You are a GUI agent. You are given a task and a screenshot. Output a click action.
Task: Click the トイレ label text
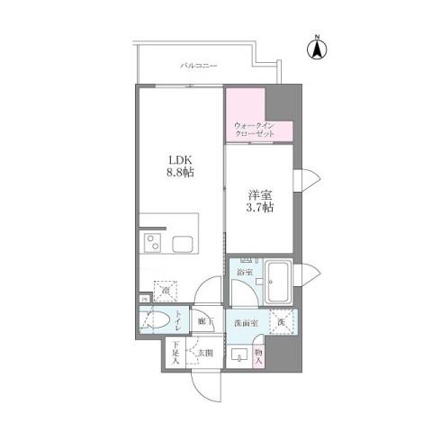point(178,319)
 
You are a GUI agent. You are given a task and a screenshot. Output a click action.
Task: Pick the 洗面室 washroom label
point(246,322)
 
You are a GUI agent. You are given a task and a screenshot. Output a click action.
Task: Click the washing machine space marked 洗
point(282,321)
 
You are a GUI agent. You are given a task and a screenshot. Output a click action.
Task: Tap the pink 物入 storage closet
point(258,356)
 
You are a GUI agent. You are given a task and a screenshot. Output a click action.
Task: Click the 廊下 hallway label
point(203,320)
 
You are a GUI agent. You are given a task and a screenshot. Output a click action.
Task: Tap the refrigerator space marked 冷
point(163,292)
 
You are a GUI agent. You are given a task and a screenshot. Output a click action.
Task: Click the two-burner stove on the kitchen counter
point(151,242)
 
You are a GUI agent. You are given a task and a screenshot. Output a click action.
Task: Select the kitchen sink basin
point(183,242)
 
